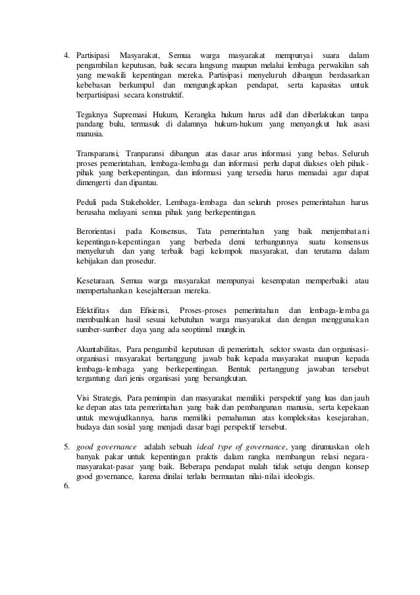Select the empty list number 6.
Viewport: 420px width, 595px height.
click(x=66, y=488)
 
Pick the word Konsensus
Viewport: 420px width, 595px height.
click(x=169, y=231)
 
